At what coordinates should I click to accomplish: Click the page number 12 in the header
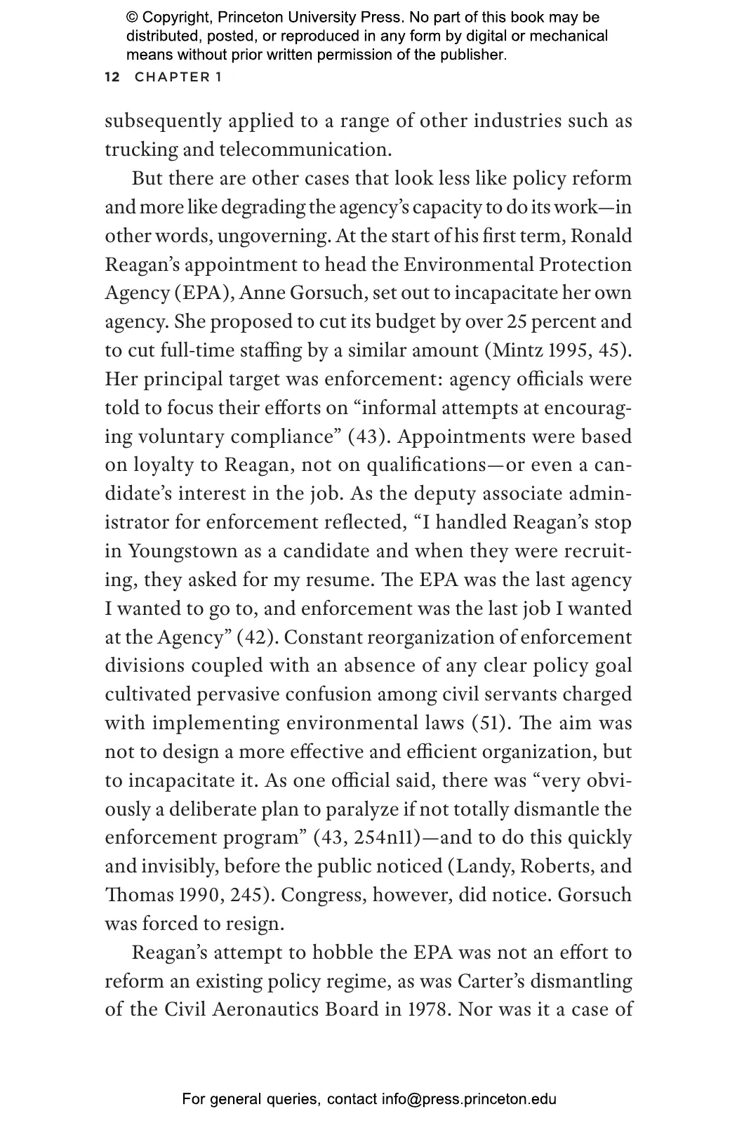112,77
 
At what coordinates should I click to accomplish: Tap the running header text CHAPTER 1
178,77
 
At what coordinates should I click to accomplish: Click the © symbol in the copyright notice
132,18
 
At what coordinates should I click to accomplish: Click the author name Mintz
523,351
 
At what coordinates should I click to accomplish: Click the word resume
344,580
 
